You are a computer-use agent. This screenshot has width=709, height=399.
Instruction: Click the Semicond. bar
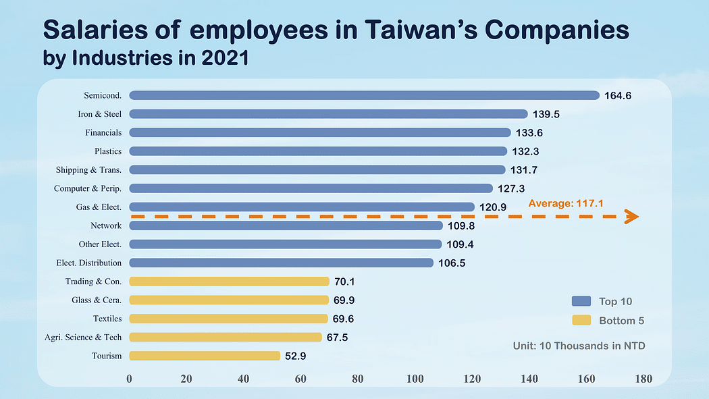tap(364, 95)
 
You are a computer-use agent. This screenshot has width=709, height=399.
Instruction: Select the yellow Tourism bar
tap(204, 356)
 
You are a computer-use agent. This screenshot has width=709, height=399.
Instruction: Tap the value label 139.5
tap(546, 114)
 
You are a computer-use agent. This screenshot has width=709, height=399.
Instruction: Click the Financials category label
tap(103, 132)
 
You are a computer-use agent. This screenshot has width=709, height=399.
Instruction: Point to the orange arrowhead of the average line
tap(631, 216)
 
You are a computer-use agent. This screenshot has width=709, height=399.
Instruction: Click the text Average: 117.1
tap(565, 203)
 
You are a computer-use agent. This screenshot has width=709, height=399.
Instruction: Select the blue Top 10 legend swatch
tap(581, 301)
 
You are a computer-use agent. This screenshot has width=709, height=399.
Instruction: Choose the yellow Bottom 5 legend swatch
tap(581, 320)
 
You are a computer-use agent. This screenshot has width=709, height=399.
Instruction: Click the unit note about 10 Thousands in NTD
tap(579, 346)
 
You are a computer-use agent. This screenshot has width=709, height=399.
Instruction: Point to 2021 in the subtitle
tap(225, 58)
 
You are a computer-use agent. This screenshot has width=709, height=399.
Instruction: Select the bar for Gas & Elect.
tap(301, 207)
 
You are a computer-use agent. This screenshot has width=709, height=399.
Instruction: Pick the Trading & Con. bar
tap(229, 282)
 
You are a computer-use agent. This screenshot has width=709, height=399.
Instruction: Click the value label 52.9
tap(298, 356)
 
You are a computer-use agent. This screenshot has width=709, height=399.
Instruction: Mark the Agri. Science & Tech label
tap(88, 337)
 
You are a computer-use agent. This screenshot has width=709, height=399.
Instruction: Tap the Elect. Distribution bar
tap(281, 263)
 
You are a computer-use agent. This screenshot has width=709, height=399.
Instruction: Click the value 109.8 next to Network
tap(461, 225)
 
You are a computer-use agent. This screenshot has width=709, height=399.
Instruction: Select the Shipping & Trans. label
tap(88, 169)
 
